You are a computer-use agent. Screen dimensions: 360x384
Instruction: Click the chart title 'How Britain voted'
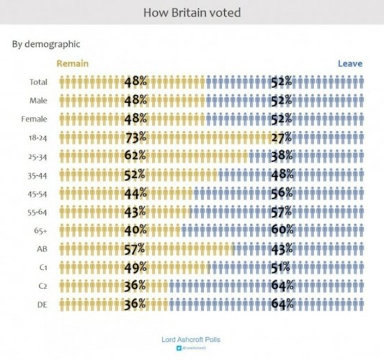(x=192, y=13)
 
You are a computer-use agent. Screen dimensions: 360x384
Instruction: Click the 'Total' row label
(x=38, y=82)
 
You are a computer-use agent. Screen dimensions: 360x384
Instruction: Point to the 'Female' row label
(x=36, y=119)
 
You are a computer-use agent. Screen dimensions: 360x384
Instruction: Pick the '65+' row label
(x=40, y=229)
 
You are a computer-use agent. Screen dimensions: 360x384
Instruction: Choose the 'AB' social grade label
(x=41, y=248)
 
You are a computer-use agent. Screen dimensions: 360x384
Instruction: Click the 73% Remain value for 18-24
(x=135, y=137)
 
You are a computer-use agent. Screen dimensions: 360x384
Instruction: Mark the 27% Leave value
(x=282, y=137)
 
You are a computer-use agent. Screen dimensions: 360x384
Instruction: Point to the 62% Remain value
(x=135, y=156)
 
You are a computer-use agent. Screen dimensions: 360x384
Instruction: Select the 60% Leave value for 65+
(x=282, y=230)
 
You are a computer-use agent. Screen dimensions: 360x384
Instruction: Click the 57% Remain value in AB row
(x=135, y=248)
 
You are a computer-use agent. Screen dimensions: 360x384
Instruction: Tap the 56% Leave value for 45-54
(x=282, y=193)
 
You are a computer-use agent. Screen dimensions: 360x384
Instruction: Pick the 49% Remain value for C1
(x=135, y=267)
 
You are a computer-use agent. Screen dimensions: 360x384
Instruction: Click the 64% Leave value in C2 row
(x=282, y=285)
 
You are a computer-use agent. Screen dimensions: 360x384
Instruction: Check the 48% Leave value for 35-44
(x=282, y=174)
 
